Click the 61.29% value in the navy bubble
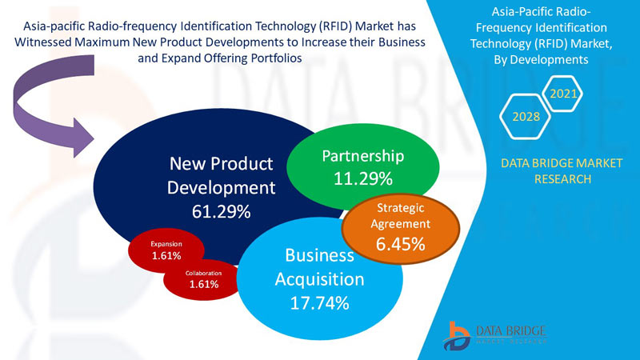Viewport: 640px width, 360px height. [222, 212]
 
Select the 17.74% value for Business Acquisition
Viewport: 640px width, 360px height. [319, 302]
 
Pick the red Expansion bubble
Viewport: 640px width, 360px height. [166, 250]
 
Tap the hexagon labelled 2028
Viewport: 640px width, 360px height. [525, 118]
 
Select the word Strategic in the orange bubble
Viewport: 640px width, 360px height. [401, 208]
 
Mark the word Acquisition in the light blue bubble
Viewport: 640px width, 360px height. [319, 279]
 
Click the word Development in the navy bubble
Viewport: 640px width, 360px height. [222, 188]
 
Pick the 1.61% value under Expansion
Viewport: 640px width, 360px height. [166, 256]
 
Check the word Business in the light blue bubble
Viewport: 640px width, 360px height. [319, 256]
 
